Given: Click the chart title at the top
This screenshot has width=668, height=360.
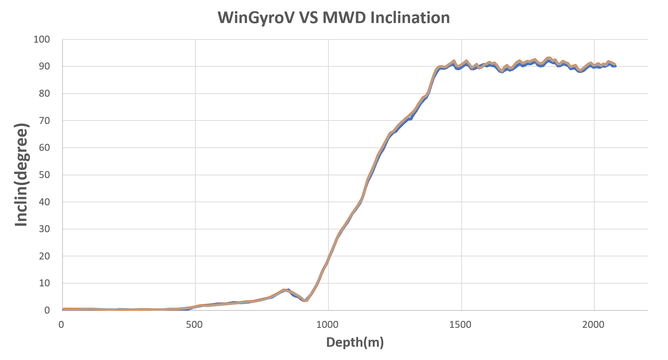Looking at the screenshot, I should click(x=334, y=19).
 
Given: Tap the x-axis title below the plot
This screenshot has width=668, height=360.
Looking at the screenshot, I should click(x=356, y=343).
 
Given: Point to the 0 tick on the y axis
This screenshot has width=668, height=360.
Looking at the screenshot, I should click(x=48, y=311).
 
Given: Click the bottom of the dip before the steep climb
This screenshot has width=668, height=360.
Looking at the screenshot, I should click(x=305, y=301).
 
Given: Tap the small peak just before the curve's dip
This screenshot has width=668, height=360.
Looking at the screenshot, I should click(x=285, y=289).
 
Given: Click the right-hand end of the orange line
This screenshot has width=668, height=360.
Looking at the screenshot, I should click(x=616, y=65).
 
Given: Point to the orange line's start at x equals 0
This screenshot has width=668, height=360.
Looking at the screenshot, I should click(x=63, y=309).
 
